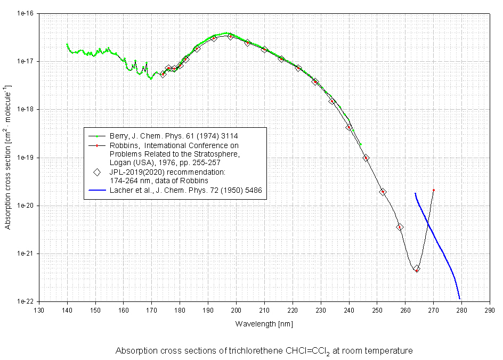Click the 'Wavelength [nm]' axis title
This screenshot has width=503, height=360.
point(264,323)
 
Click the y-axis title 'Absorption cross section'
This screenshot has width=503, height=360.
point(8,157)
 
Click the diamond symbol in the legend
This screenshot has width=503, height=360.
point(96,172)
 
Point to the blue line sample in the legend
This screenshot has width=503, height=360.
point(96,190)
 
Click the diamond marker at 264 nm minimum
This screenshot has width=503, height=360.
point(417,269)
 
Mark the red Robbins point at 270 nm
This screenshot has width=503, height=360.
point(434,190)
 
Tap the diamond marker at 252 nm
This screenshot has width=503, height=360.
point(383,192)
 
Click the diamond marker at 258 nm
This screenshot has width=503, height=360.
point(400,227)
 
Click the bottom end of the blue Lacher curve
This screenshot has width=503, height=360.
point(459,298)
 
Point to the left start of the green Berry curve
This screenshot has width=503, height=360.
point(67,44)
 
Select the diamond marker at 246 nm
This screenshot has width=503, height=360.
point(366,158)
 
